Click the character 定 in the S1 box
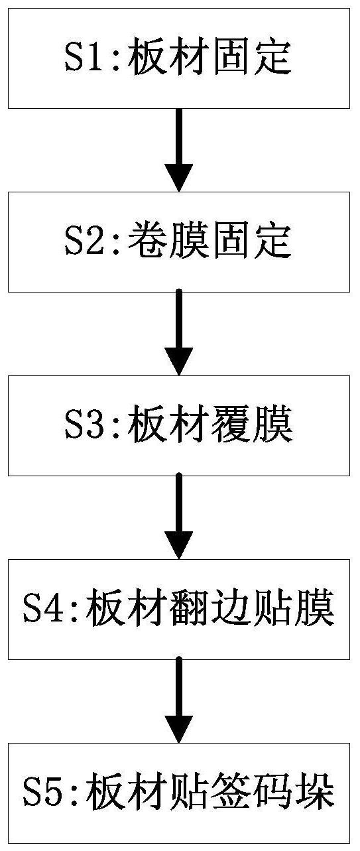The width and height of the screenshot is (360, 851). tap(273, 59)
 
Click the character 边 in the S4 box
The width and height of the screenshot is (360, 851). tap(231, 609)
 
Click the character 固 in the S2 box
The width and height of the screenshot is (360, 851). tap(231, 242)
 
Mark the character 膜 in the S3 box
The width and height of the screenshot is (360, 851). tap(273, 426)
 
